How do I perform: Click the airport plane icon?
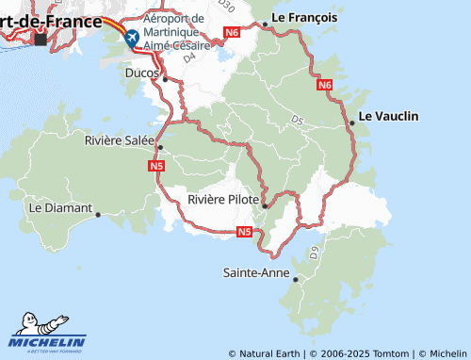coord(131,38)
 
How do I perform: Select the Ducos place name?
coord(142,71)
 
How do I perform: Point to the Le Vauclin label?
coord(389,116)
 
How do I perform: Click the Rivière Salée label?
coord(120,139)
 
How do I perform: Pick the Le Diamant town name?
coord(60,207)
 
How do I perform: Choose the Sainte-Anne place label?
coord(254,273)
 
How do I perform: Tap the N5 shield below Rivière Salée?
coord(157,166)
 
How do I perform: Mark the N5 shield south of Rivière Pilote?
coord(244,232)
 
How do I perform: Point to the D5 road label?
coord(298,121)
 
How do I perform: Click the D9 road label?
coord(314,252)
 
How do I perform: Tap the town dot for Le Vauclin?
coord(352,123)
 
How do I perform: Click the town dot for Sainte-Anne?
coord(296,279)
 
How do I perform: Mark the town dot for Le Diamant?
coord(98,214)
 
